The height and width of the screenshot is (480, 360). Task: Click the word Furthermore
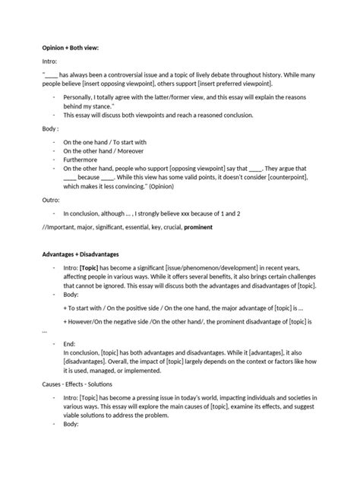coord(83,160)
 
